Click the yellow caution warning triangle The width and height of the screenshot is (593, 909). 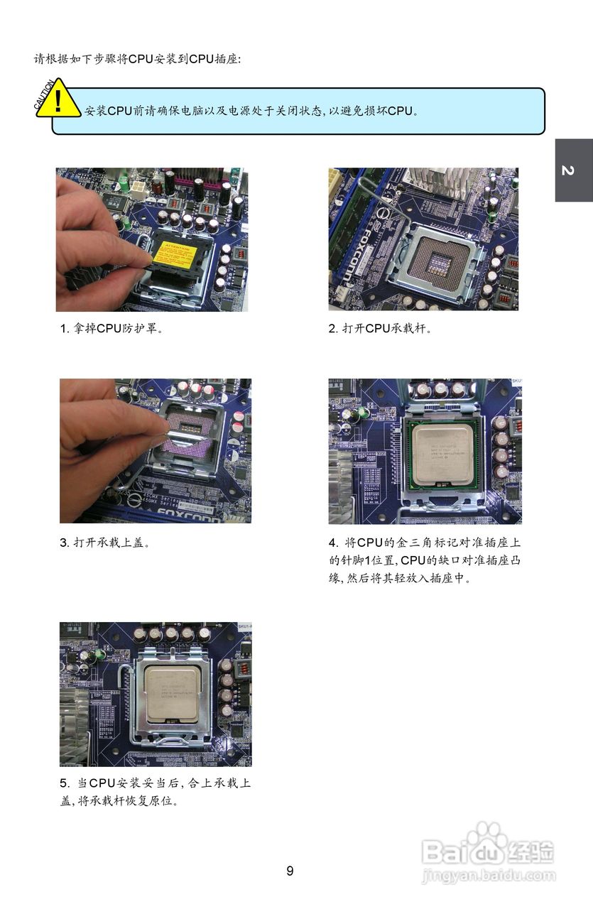tap(59, 100)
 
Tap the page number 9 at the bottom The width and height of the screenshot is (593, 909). tap(290, 871)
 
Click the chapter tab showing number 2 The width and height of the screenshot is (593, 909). tap(573, 170)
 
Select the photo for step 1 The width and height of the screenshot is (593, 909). tap(152, 239)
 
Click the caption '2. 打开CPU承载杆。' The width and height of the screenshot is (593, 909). tap(380, 329)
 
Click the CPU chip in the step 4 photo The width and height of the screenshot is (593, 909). tap(442, 455)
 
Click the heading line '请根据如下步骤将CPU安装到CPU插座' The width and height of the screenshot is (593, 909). tap(138, 59)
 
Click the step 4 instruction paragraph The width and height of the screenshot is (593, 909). tap(425, 560)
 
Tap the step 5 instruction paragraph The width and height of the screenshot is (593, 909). tap(155, 792)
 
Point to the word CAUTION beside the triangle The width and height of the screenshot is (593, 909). tap(43, 94)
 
